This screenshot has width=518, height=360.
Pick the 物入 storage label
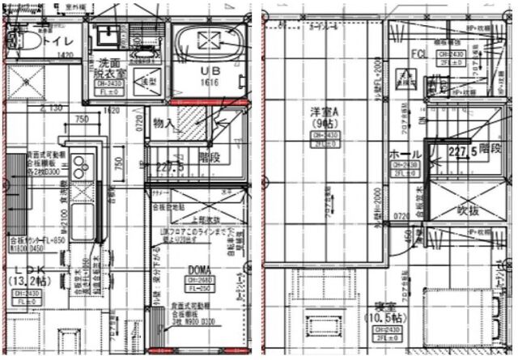pyautogui.click(x=165, y=123)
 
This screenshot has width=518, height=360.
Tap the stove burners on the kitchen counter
pyautogui.click(x=80, y=167)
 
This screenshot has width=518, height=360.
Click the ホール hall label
pyautogui.click(x=405, y=153)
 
